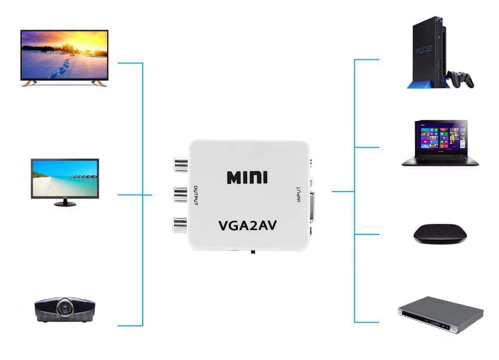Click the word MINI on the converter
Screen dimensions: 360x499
coord(247,177)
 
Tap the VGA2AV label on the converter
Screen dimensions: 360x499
coord(248,225)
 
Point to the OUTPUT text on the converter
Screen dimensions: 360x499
coord(196,195)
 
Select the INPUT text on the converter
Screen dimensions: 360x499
coord(298,194)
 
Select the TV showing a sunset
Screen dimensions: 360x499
coord(64,54)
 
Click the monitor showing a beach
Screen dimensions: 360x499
coord(65,178)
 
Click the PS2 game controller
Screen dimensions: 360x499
coord(460,79)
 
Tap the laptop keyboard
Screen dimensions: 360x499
coord(440,158)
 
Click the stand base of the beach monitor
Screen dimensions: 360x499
coord(65,203)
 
